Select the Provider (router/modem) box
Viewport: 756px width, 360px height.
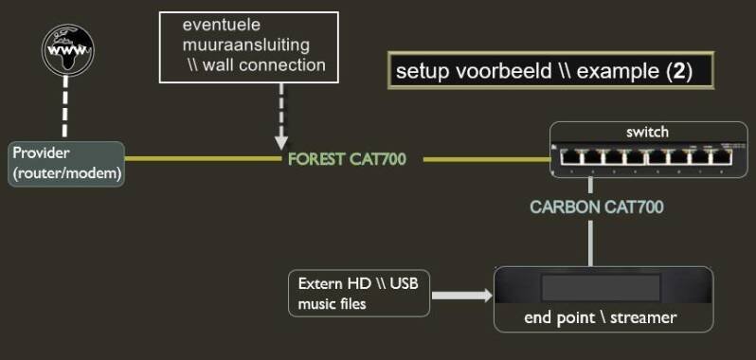[x=66, y=164]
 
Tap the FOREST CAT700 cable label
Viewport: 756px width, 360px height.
[x=347, y=159]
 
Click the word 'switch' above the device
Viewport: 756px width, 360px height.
[x=647, y=131]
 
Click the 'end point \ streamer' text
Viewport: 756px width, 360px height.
[x=601, y=317]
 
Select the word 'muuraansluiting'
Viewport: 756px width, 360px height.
[x=246, y=44]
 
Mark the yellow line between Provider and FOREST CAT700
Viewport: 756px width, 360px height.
[x=204, y=159]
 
